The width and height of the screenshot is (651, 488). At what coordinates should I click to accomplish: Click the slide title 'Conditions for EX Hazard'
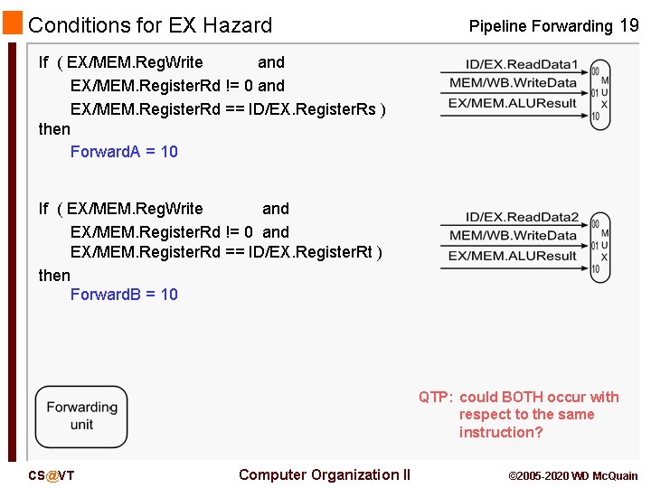(x=150, y=25)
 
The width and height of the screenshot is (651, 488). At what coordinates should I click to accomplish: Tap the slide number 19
(x=628, y=25)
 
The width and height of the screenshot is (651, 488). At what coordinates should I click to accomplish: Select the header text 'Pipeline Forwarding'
(x=540, y=26)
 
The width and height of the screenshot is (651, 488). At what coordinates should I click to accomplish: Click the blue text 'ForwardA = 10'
(x=124, y=152)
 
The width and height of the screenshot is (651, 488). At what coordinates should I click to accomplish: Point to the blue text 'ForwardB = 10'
(x=124, y=295)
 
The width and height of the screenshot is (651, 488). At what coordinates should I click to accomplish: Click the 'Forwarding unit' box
(x=81, y=417)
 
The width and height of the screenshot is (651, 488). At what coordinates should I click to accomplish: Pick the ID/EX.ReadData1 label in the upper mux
(x=522, y=64)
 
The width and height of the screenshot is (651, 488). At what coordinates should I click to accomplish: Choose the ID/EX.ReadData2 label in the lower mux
(x=522, y=217)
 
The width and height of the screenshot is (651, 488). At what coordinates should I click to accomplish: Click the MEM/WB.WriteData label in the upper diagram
(x=513, y=83)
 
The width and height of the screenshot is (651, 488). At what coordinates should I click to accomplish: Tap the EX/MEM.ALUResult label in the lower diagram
(x=513, y=256)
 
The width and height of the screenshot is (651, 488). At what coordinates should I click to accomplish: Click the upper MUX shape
(x=600, y=95)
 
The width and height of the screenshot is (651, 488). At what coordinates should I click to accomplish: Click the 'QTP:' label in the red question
(x=435, y=398)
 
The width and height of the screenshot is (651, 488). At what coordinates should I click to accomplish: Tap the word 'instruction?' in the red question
(x=501, y=432)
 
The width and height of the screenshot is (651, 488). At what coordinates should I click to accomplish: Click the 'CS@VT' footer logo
(x=52, y=475)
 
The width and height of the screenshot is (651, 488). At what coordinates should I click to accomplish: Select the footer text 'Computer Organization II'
(x=325, y=474)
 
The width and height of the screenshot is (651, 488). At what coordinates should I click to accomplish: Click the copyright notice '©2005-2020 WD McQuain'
(x=573, y=475)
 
